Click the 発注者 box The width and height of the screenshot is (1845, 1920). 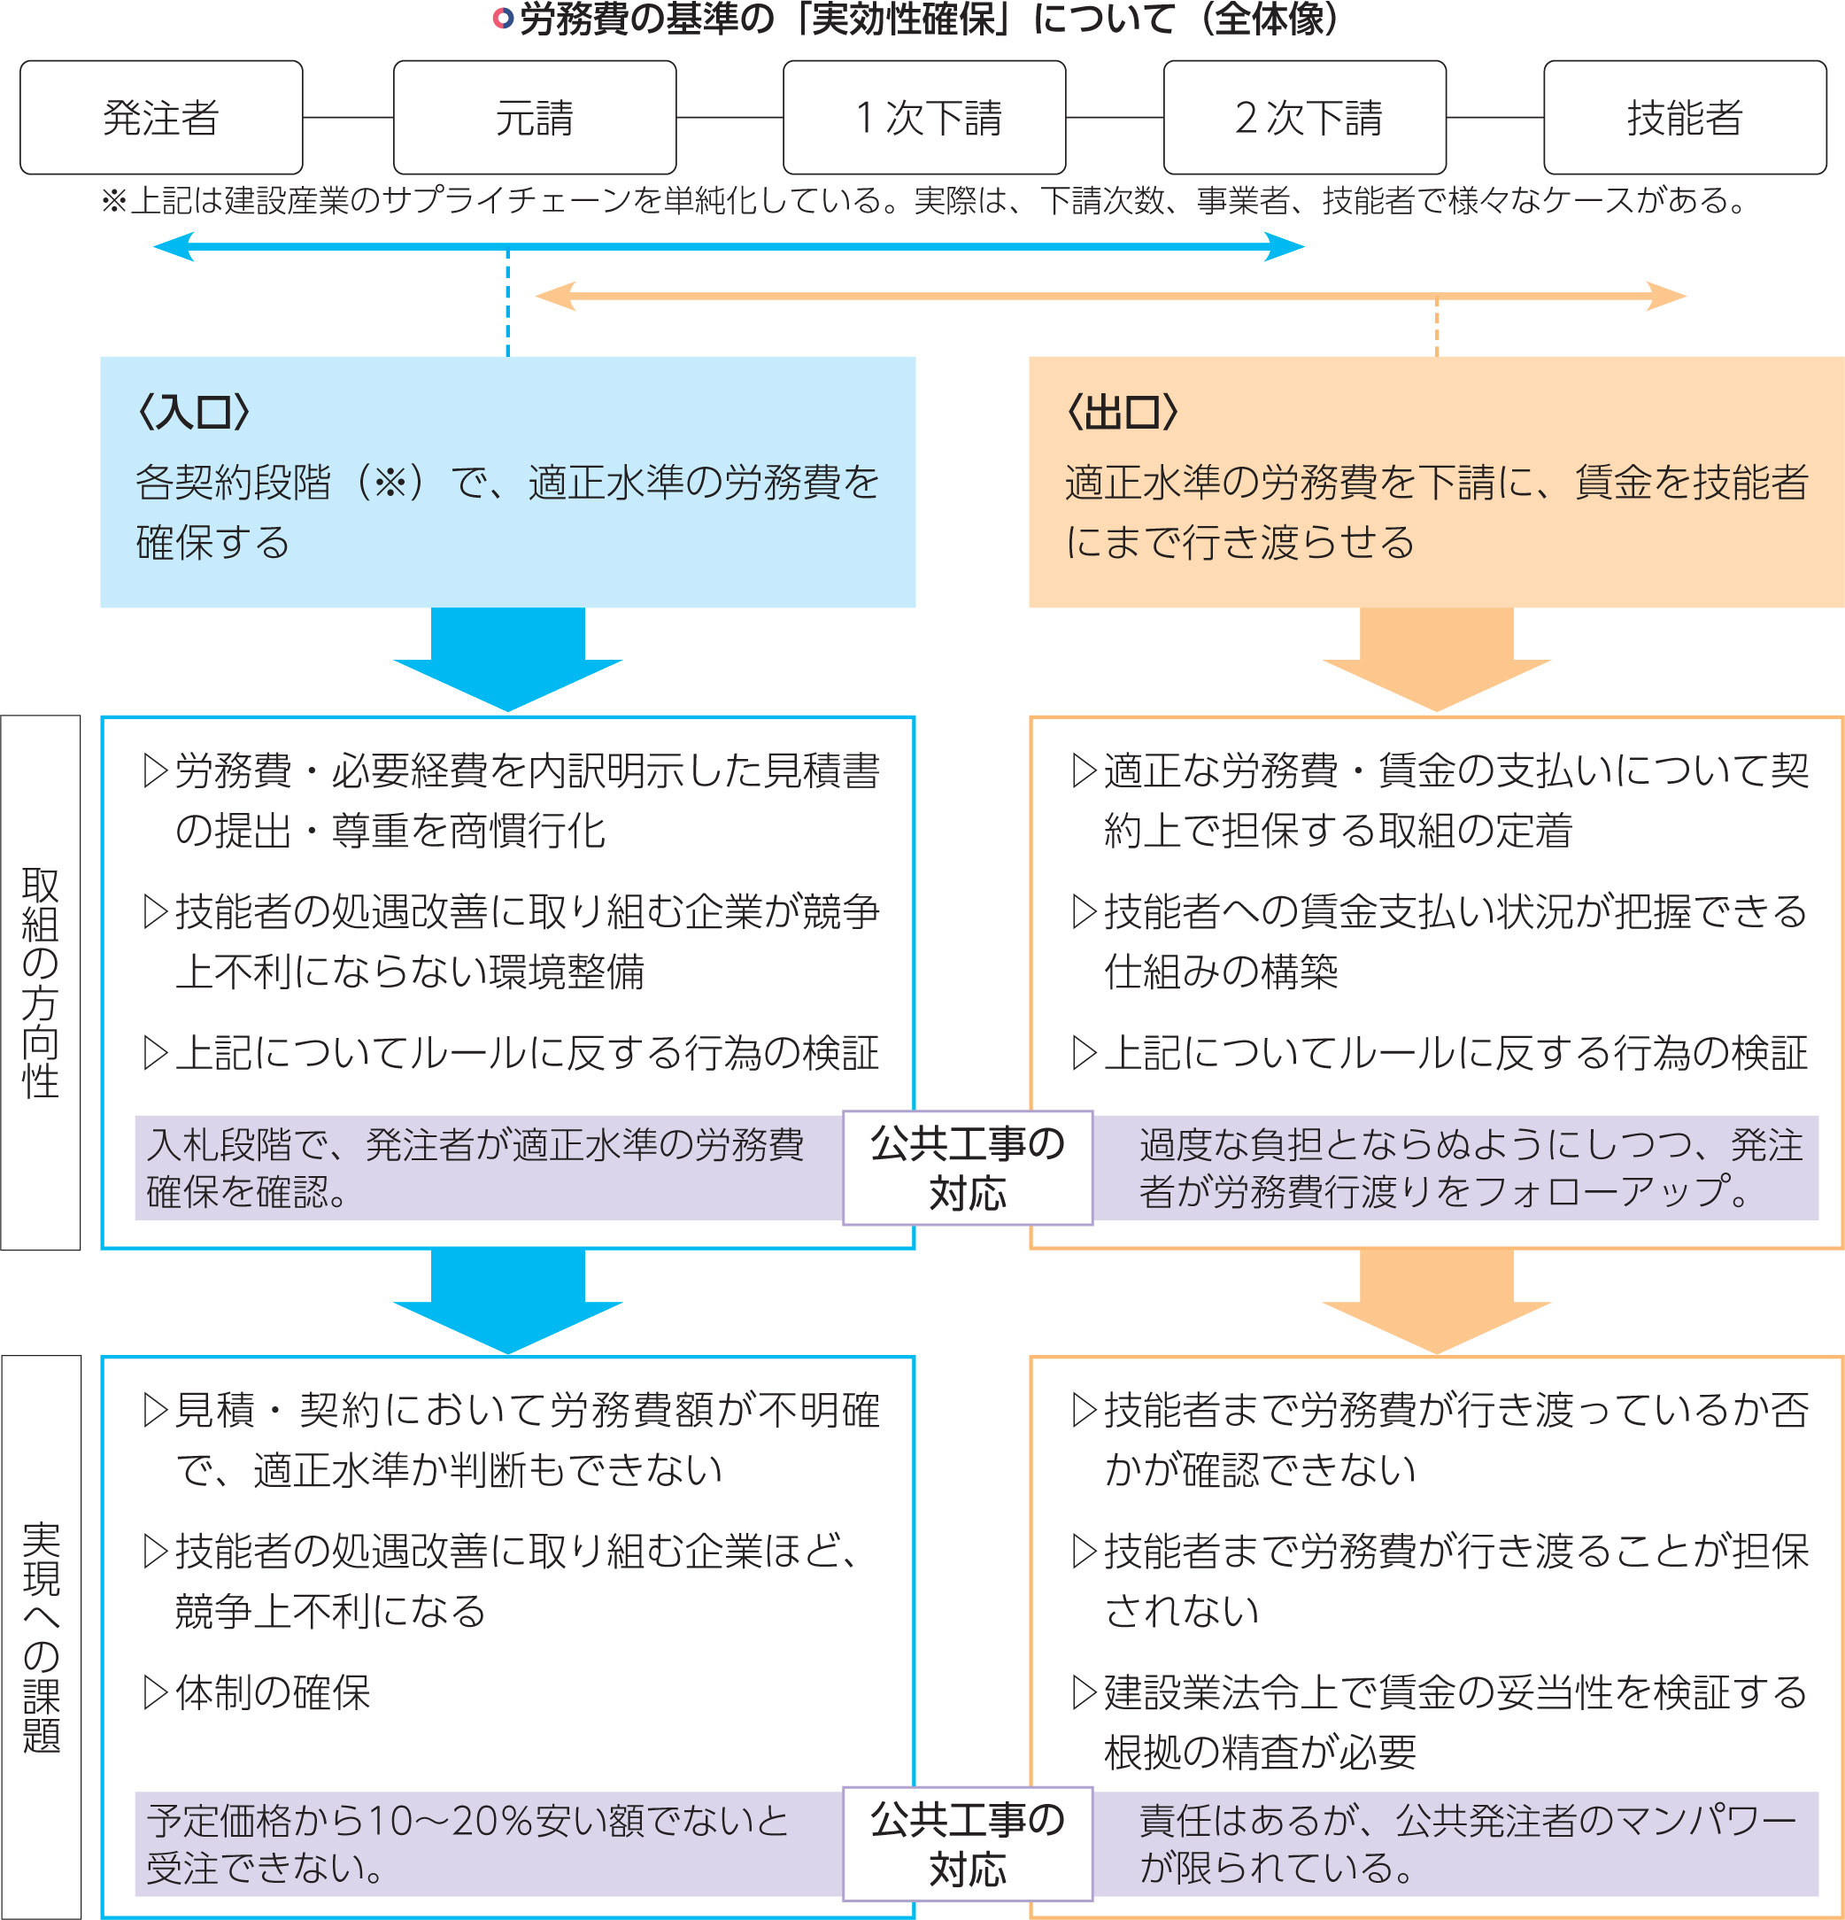pos(162,118)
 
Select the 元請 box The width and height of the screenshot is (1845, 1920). pos(535,118)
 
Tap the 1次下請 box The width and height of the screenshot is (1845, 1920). pos(924,118)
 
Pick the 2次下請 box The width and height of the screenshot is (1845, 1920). pos(1304,118)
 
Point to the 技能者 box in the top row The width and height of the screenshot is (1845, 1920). pos(1686,118)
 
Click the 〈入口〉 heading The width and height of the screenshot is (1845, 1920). pos(194,413)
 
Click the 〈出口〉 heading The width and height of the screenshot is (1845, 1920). pos(1123,413)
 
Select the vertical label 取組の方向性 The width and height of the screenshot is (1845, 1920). pos(41,982)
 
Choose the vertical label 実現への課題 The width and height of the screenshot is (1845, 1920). pos(41,1637)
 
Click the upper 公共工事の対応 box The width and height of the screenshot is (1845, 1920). pos(968,1167)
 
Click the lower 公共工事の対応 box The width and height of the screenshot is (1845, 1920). pos(968,1844)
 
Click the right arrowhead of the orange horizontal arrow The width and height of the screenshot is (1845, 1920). pos(1666,296)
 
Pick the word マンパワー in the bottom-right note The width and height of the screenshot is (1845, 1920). pos(1686,1820)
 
